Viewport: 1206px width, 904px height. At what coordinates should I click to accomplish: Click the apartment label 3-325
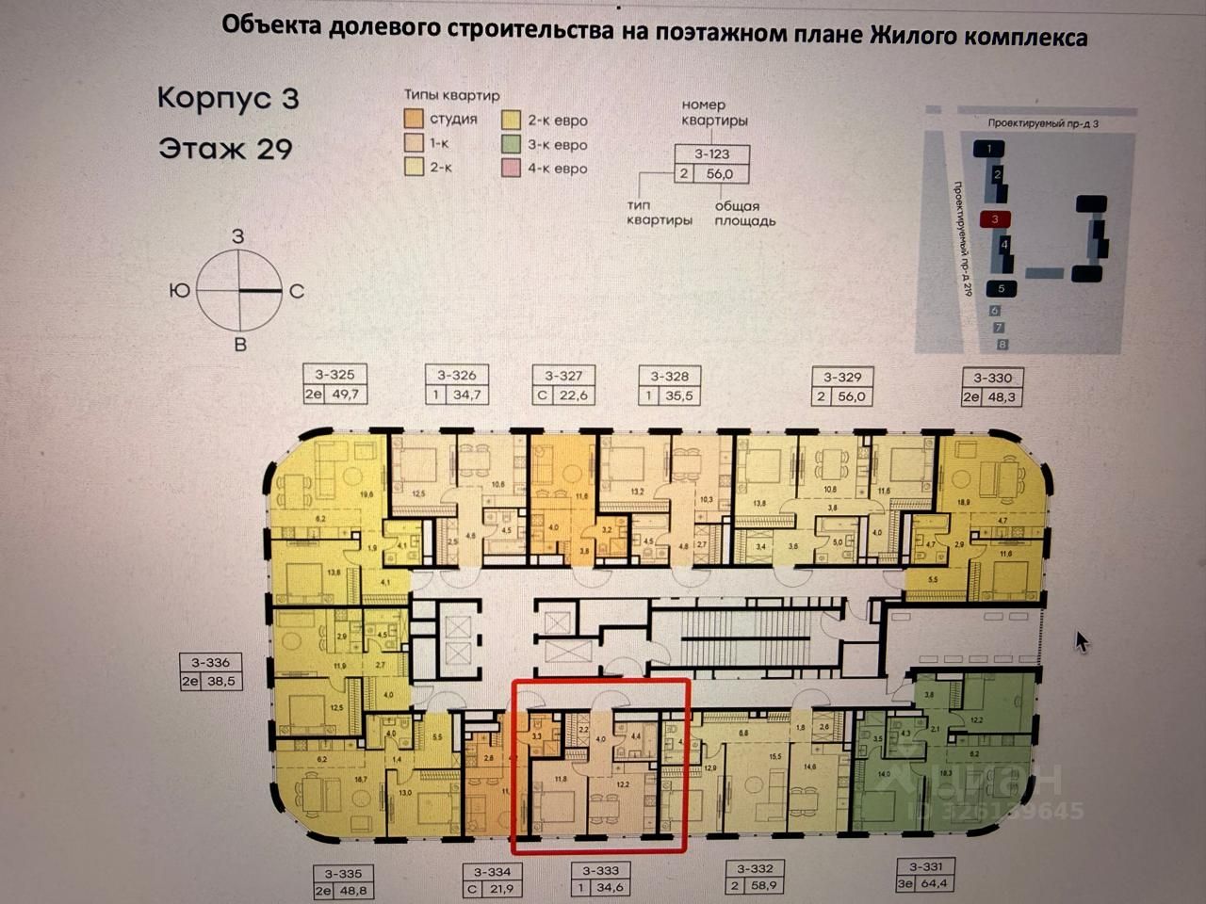335,375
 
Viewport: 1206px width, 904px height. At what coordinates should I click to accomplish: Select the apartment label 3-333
600,871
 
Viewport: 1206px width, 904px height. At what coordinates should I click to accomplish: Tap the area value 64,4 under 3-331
934,883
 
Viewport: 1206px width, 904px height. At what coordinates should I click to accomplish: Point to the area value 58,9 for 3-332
764,886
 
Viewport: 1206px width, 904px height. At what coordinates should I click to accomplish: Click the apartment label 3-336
210,663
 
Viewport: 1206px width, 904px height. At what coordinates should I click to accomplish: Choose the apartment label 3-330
992,378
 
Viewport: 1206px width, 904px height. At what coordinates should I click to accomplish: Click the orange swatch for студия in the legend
414,120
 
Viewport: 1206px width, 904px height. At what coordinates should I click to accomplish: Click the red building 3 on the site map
994,219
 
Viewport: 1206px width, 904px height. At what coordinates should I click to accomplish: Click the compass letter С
297,292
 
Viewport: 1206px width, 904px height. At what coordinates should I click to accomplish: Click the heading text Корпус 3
227,98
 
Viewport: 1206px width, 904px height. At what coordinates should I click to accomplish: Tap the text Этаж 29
225,149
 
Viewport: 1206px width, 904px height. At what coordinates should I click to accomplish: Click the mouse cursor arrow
1082,641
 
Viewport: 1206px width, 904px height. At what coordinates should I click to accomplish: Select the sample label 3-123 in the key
712,154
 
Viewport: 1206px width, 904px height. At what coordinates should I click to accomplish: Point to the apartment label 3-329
842,377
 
